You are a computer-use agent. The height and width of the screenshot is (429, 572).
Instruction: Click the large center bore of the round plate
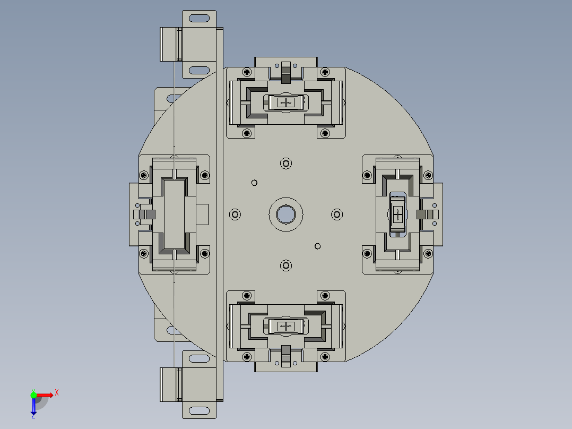pyautogui.click(x=286, y=214)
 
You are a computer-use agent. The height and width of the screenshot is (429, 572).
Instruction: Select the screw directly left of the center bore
pyautogui.click(x=235, y=214)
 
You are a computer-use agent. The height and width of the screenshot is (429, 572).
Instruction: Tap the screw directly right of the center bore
pyautogui.click(x=337, y=214)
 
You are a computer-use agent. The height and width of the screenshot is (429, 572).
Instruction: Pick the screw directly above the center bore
pyautogui.click(x=286, y=163)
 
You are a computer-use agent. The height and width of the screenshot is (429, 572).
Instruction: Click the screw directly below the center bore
pyautogui.click(x=286, y=264)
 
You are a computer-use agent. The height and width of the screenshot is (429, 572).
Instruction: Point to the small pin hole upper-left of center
pyautogui.click(x=254, y=183)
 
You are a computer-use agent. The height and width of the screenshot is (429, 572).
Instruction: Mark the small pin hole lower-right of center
pyautogui.click(x=318, y=246)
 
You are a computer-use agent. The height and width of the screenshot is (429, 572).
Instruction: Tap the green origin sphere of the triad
pyautogui.click(x=33, y=394)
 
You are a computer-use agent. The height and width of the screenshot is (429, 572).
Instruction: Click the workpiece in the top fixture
pyautogui.click(x=286, y=102)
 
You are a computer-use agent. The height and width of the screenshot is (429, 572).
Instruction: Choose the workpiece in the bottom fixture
pyautogui.click(x=286, y=325)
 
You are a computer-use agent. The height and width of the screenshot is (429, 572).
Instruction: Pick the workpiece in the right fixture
pyautogui.click(x=398, y=214)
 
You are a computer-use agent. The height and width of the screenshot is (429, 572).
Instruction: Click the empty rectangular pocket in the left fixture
pyautogui.click(x=174, y=214)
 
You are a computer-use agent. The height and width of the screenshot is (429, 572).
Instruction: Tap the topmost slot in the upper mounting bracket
pyautogui.click(x=199, y=19)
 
